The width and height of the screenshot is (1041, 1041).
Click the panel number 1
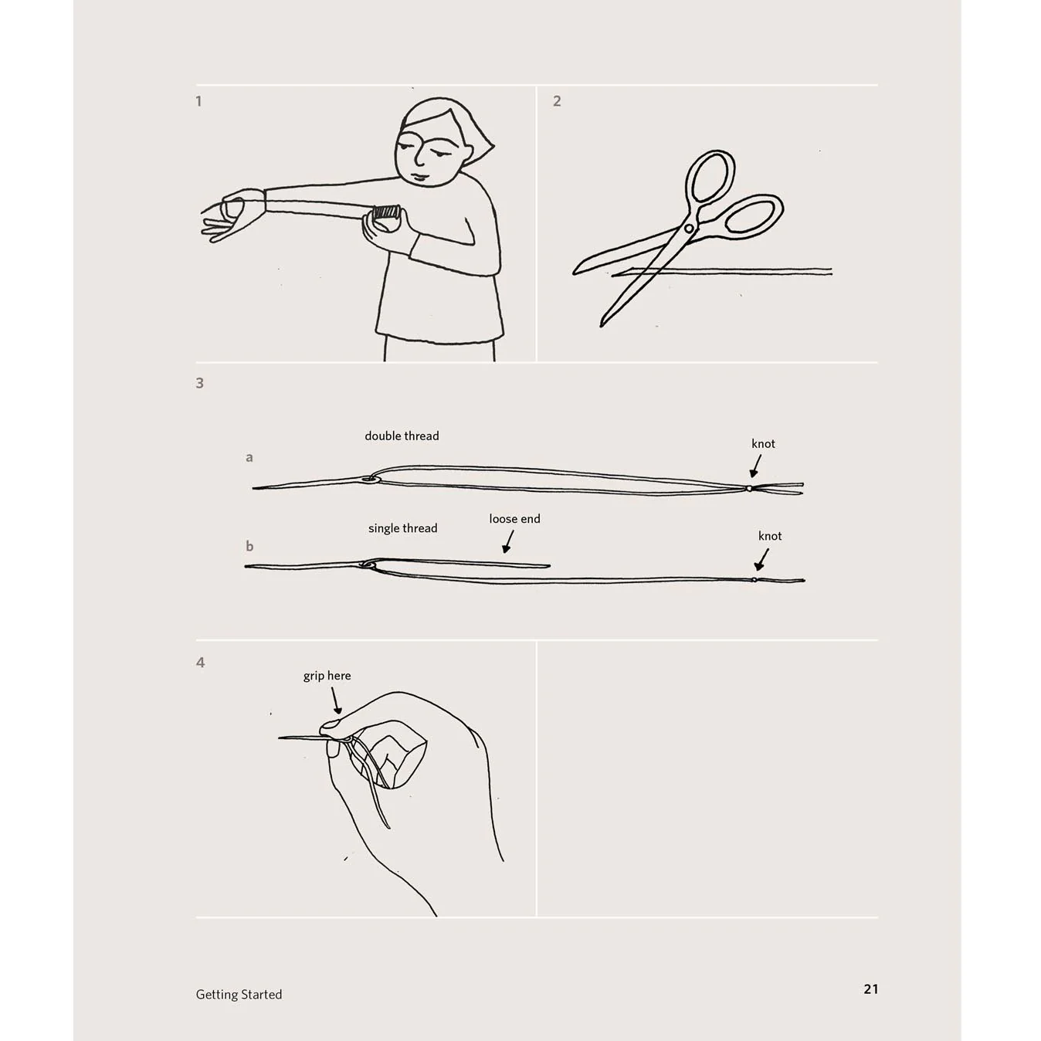[198, 101]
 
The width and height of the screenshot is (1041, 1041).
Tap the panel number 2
[557, 101]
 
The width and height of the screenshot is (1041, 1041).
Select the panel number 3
[200, 383]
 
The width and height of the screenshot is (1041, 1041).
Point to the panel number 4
[201, 663]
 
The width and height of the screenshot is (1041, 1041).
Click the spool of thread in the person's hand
[387, 212]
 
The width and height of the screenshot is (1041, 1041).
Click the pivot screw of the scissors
[689, 229]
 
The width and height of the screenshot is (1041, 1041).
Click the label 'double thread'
[402, 436]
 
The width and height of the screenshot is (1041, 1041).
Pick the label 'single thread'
[403, 528]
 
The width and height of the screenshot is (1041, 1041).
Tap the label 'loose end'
[515, 519]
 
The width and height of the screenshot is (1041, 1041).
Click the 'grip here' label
[327, 676]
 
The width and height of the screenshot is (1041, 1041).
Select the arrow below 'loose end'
[508, 542]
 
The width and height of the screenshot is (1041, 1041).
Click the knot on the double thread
[749, 488]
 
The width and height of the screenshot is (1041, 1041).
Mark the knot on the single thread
[754, 580]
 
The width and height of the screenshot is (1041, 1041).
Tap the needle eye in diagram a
[370, 479]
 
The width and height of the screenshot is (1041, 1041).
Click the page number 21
[871, 1004]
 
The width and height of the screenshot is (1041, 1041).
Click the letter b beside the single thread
[249, 546]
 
